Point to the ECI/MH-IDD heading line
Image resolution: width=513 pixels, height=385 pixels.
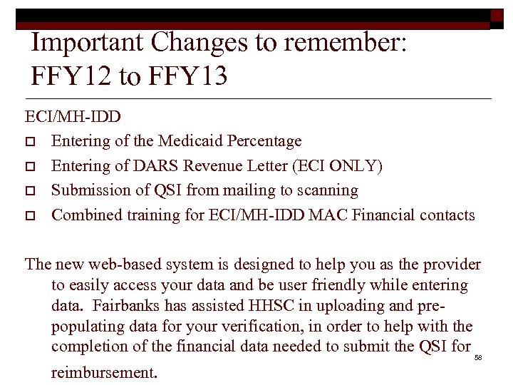coord(73,116)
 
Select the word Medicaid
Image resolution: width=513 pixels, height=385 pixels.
coord(187,141)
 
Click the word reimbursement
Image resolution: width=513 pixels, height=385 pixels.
coord(104,371)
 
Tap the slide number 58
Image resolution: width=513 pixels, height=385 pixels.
coord(478,356)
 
